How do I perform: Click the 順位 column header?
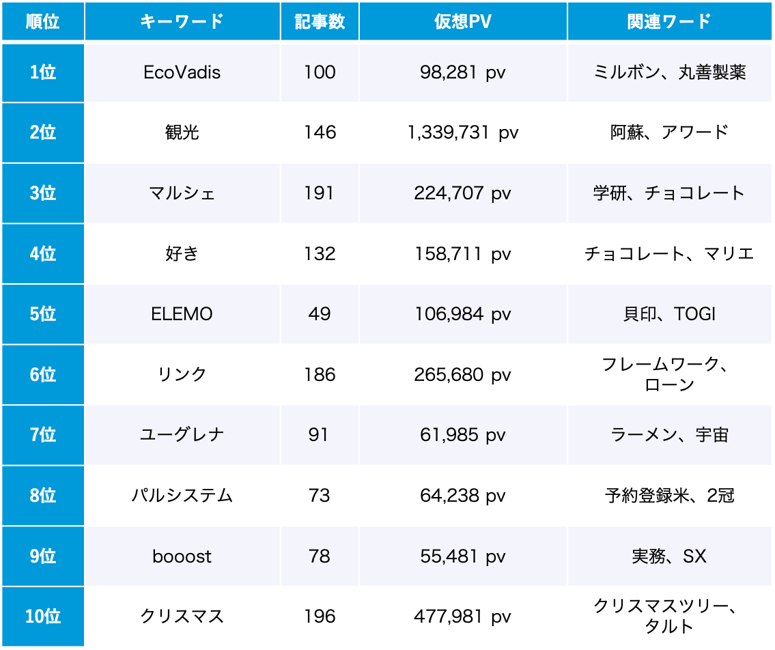pos(42,21)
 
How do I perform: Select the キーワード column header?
pos(182,21)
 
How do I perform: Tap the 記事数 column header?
pos(320,21)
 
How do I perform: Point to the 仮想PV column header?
pos(463,21)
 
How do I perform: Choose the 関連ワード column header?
pos(669,21)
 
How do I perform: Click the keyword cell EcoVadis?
pos(182,72)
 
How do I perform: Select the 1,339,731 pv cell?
pos(463,132)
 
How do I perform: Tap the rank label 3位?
pos(42,193)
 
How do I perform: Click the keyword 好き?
pos(182,254)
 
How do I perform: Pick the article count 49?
pos(320,314)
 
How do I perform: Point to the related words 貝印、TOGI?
pos(669,314)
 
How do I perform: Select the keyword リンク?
pos(182,375)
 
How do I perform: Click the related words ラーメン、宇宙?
pos(669,435)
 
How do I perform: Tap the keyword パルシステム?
pos(182,496)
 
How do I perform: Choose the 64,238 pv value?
pos(463,496)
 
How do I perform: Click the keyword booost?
pos(182,556)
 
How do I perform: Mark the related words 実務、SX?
pos(669,556)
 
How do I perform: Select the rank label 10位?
pos(42,617)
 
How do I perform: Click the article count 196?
pos(320,617)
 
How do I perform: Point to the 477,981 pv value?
pos(463,617)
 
